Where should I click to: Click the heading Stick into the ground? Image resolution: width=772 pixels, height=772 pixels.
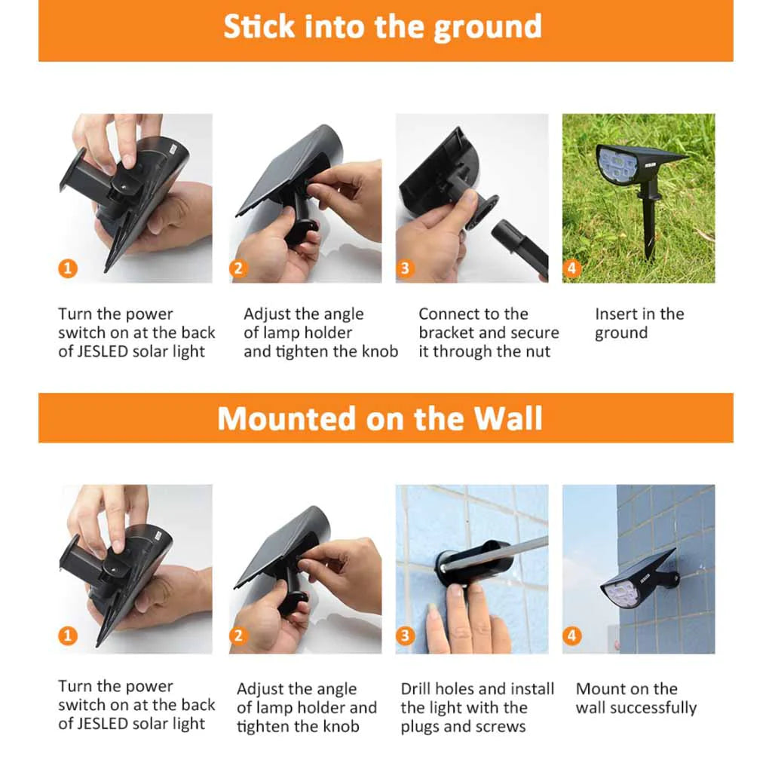(382, 27)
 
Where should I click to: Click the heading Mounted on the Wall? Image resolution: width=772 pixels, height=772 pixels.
(380, 418)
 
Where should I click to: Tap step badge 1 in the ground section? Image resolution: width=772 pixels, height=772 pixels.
(68, 268)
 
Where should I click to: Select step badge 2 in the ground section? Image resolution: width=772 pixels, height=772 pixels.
(238, 268)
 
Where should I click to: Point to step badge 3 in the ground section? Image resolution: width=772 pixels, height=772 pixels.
(405, 268)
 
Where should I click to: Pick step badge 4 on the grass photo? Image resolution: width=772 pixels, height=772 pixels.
(571, 268)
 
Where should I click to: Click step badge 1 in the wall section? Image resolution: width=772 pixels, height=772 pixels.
(68, 636)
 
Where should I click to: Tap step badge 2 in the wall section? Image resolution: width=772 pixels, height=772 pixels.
(238, 636)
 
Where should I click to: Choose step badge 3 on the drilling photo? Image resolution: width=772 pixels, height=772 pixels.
(405, 636)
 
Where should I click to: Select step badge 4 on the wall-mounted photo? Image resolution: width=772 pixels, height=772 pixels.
(571, 636)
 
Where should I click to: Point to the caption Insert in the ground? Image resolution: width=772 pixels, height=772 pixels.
(639, 323)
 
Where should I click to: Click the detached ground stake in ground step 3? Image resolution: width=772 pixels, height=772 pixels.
(520, 247)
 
